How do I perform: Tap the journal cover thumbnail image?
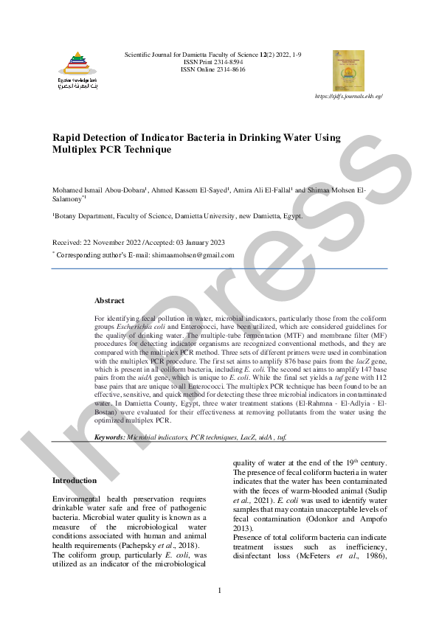coord(348,70)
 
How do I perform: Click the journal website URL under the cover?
coord(348,97)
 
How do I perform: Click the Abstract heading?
coord(109,301)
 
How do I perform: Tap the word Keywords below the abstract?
coord(109,437)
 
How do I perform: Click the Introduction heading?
coord(74,481)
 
